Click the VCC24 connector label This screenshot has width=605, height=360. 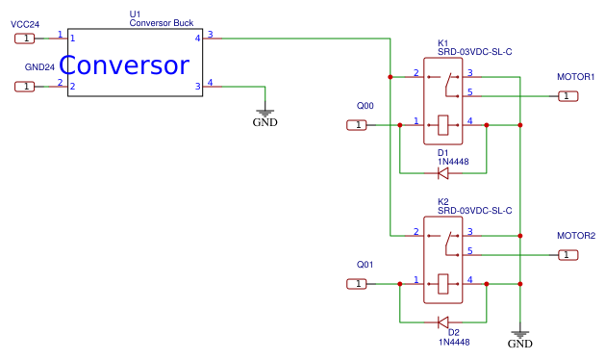point(25,23)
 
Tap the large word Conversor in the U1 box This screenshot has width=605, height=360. point(124,65)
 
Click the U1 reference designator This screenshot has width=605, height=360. point(135,13)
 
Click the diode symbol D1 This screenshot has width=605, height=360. point(443,173)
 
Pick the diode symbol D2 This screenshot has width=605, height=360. point(443,321)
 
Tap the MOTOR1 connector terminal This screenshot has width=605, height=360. point(568,95)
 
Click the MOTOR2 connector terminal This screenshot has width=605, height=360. point(568,254)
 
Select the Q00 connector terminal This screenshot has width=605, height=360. point(358,125)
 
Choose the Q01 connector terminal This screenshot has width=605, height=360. point(358,283)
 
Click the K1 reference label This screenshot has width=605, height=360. point(443,43)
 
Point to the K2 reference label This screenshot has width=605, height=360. point(443,201)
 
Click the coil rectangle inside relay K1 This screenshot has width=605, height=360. point(442,124)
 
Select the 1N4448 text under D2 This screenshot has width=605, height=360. point(454,342)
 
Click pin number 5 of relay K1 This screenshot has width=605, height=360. point(469,91)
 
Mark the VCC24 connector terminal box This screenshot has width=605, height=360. point(26,39)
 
